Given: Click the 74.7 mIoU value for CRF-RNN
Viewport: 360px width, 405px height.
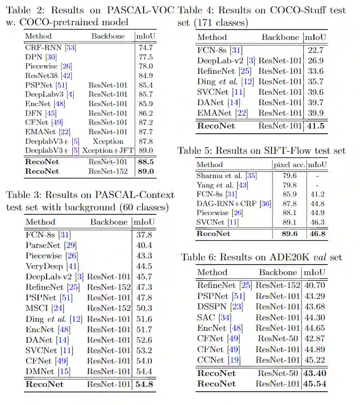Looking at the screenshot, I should pos(145,48).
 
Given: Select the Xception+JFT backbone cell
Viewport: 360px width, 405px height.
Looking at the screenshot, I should pos(108,151).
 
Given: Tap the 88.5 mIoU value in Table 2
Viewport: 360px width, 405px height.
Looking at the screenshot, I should pos(145,162).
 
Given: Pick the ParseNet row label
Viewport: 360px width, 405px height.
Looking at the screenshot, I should pos(41,245).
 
